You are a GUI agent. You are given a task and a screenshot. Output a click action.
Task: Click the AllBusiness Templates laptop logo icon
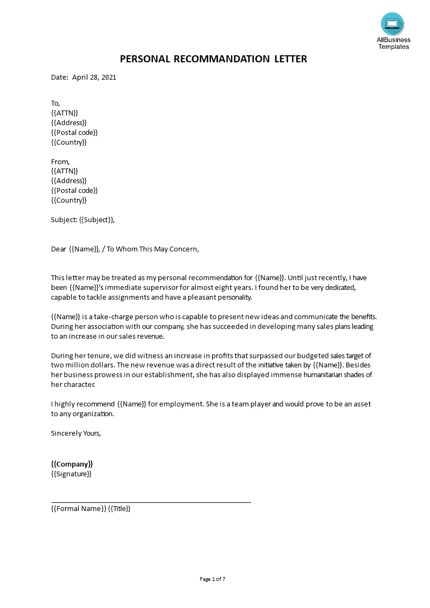(x=392, y=23)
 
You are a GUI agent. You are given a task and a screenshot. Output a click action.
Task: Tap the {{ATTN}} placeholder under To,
(x=65, y=113)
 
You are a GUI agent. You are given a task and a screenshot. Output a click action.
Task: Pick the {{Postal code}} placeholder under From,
(x=74, y=190)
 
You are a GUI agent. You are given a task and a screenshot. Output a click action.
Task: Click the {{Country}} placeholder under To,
(x=69, y=142)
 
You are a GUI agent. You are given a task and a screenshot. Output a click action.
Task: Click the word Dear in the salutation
(x=59, y=249)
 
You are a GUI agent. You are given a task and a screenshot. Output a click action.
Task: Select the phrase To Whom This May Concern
(x=152, y=249)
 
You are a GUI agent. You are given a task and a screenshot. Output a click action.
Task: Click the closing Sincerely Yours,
(x=76, y=433)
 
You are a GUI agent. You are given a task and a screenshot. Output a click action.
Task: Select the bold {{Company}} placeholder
(x=72, y=464)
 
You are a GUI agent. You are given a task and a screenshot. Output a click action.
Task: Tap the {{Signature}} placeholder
(x=71, y=474)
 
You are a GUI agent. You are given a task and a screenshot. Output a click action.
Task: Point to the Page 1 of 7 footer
(x=213, y=579)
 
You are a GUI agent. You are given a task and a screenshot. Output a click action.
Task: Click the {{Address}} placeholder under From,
(x=69, y=180)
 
